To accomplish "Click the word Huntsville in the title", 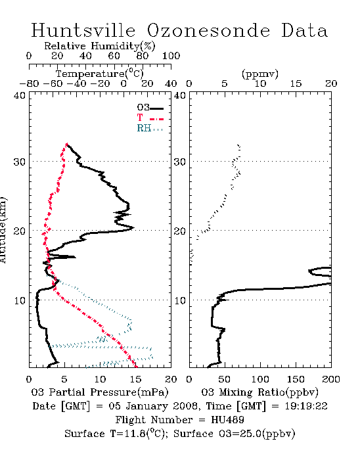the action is point(83,30).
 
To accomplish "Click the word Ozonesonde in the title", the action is point(208,30).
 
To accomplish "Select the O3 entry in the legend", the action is point(150,108).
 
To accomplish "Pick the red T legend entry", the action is point(150,118).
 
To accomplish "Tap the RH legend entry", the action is point(150,128).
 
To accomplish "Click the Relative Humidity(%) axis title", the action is point(100,46).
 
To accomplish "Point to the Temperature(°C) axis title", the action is point(100,74).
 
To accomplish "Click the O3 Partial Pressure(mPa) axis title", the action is point(100,392).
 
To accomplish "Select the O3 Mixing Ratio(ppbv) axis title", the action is point(260,392).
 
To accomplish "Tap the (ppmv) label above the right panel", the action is point(260,74).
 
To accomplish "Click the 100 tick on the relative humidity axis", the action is point(171,56).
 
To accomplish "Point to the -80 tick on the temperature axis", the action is point(29,84).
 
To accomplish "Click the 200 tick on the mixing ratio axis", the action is point(331,379).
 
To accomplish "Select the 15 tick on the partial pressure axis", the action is point(135,379).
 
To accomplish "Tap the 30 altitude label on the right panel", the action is point(180,162).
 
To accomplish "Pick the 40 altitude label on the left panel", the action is point(20,95).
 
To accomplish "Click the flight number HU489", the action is point(227,420).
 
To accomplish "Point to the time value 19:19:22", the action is point(306,406).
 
